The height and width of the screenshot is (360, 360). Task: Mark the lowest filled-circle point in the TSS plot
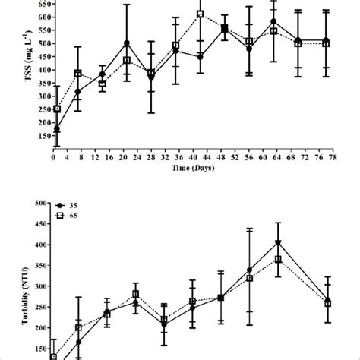point(57,129)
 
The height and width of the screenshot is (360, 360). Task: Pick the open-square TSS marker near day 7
point(78,74)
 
